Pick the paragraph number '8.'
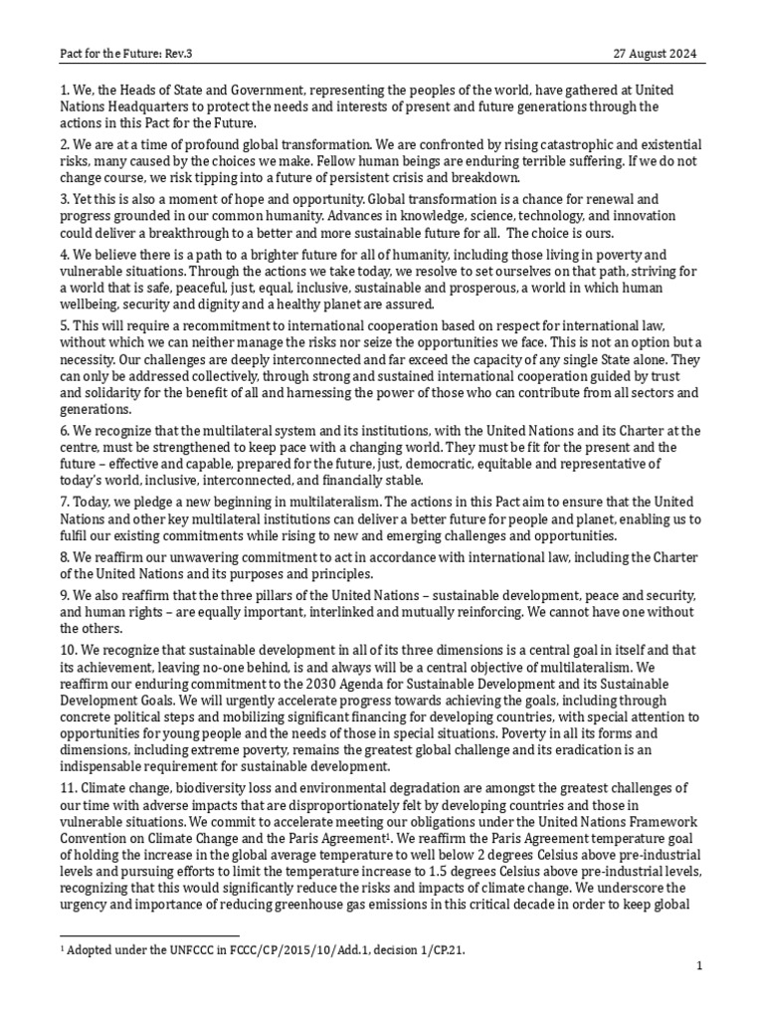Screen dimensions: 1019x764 pos(66,558)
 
